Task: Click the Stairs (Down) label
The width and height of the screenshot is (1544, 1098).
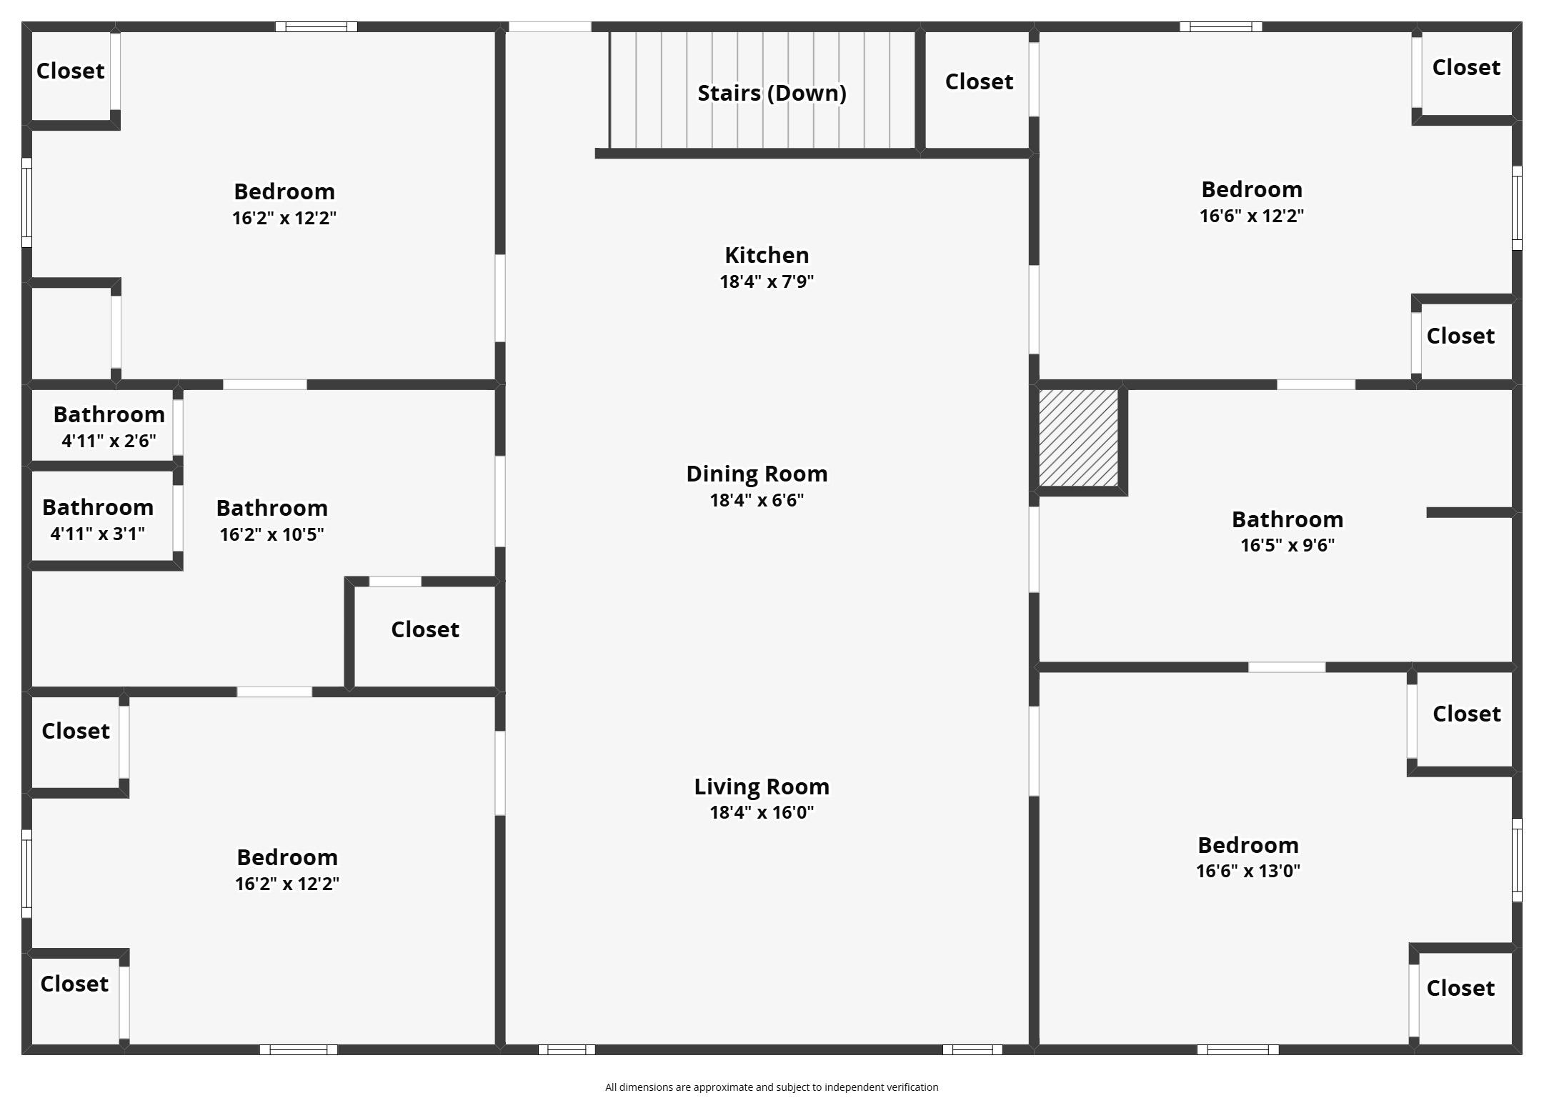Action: [772, 93]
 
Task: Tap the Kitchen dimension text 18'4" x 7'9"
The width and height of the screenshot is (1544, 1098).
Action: [767, 281]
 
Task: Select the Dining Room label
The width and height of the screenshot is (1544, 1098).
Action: [757, 474]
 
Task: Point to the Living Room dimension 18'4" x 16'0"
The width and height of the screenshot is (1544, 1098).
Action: [762, 812]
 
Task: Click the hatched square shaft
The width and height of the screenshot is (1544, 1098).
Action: [1078, 438]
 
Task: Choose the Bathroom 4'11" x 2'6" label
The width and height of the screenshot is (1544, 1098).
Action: [109, 414]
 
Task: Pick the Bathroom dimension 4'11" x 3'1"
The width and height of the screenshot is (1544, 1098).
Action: [98, 534]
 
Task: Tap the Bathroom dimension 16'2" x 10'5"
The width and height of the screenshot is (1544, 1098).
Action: [272, 534]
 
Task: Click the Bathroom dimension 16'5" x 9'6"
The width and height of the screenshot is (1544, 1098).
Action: [1288, 545]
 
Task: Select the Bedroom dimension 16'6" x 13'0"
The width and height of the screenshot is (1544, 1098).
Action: [1248, 871]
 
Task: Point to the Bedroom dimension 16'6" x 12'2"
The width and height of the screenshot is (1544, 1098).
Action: [1252, 216]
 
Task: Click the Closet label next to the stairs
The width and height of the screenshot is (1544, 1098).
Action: [979, 82]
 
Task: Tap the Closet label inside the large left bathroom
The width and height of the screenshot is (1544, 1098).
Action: [425, 629]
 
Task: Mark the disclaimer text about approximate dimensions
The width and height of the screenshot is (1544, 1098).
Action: [772, 1087]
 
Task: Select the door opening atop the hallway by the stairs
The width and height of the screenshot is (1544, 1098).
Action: [549, 27]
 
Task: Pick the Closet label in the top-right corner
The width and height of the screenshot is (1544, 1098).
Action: [1466, 68]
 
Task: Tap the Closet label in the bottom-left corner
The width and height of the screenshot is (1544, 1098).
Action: [74, 984]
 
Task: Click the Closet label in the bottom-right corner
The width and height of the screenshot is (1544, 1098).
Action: [1460, 988]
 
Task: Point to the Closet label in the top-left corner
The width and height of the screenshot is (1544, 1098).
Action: [71, 71]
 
